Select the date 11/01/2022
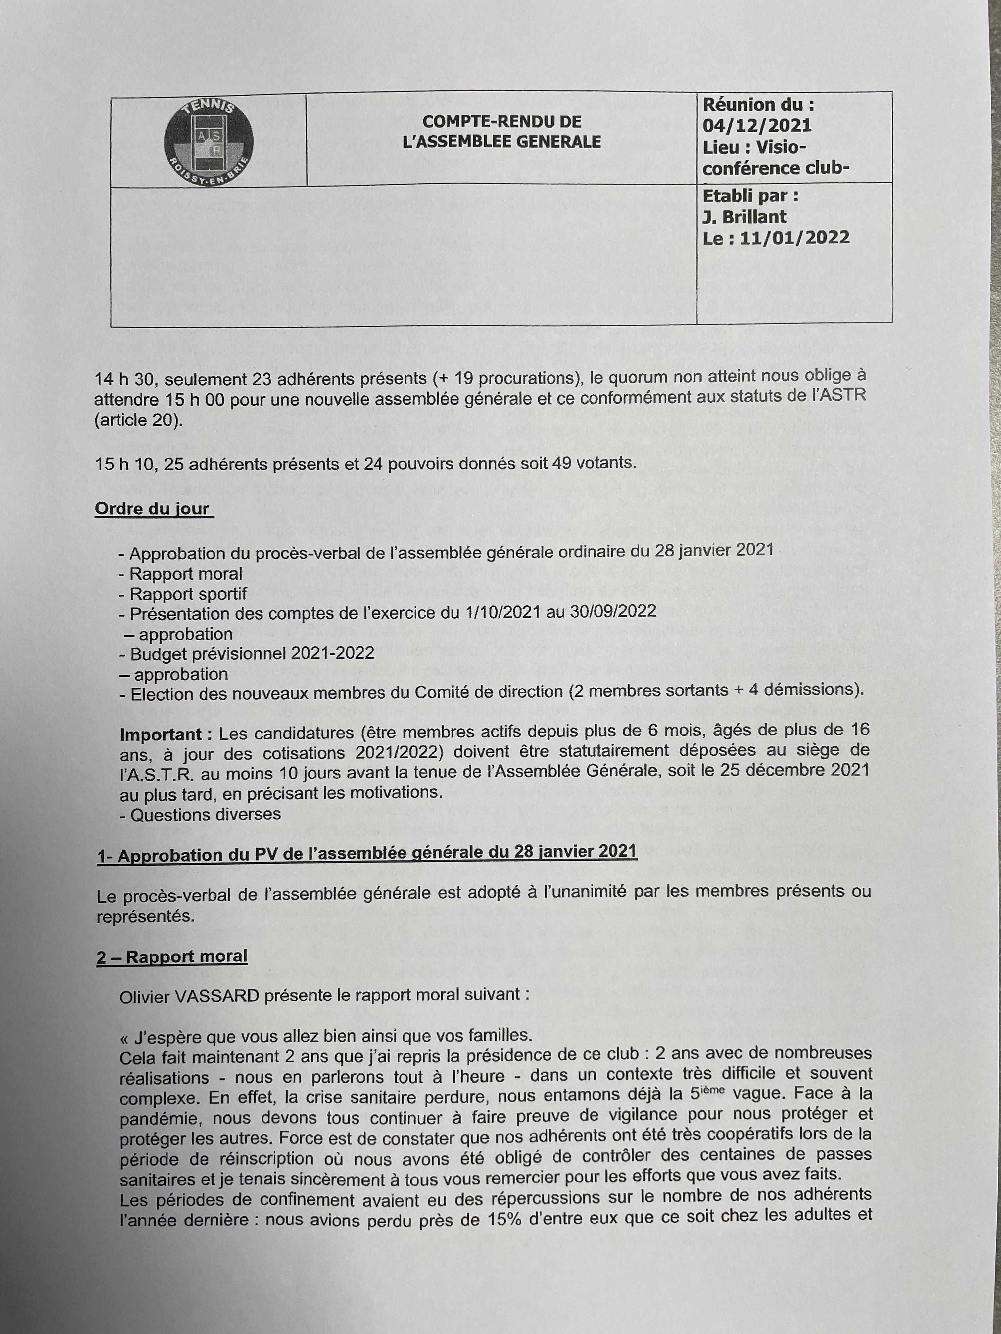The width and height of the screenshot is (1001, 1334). (x=794, y=238)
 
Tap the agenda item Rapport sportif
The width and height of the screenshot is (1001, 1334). (x=188, y=594)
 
